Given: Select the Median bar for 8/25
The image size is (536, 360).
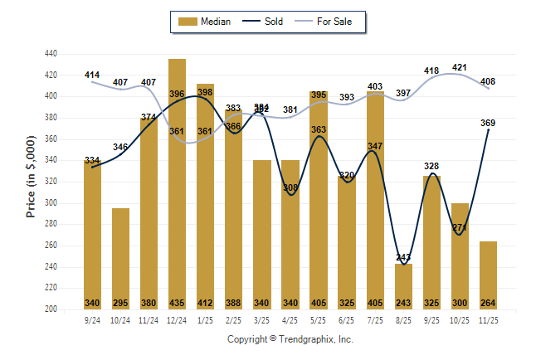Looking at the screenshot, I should pos(403,285).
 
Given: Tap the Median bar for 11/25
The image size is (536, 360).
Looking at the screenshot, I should pos(488,274).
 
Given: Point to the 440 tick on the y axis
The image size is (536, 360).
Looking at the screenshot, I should pos(51,54).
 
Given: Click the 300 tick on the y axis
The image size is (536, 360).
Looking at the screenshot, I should pos(51,203).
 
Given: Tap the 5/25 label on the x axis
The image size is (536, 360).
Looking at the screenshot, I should pos(319,319).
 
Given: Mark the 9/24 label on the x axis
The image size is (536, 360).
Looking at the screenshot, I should pos(92,319).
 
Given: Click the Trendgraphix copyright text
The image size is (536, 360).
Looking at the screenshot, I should pos(290,339).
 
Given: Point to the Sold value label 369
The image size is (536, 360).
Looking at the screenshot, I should pos(488,123).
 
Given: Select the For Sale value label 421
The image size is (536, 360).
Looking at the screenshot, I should pos(460,67).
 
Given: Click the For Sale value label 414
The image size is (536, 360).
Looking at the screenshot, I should pos(92,75).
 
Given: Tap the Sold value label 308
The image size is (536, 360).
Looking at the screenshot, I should pos(290,187).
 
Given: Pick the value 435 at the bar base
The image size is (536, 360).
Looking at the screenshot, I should pos(177,303).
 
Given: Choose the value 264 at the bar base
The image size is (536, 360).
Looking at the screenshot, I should pos(488,303).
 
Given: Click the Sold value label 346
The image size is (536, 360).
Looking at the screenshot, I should pos(120,147).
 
